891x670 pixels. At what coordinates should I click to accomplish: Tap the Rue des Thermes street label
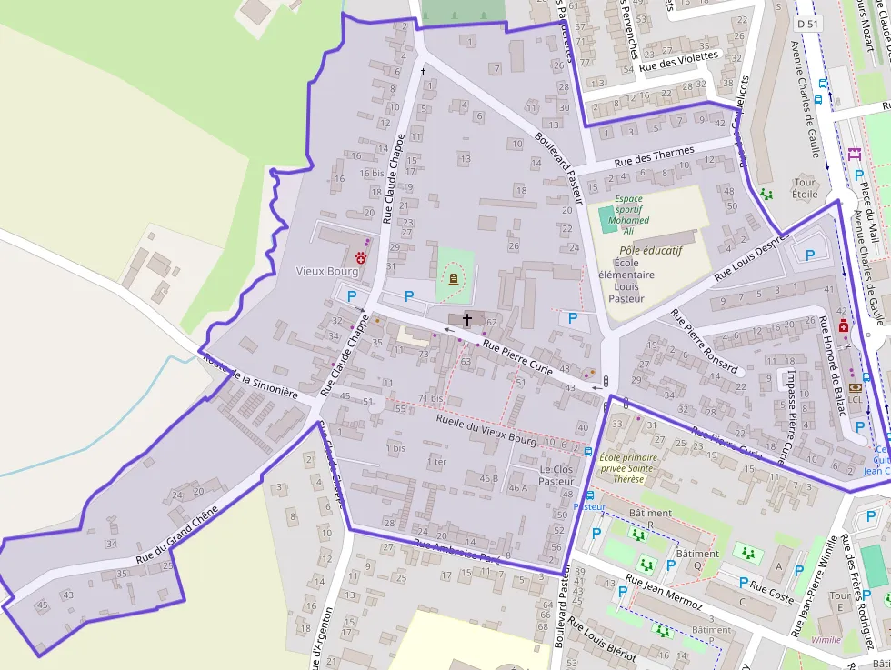pos(654,156)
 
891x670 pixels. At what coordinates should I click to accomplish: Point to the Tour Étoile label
pos(805,187)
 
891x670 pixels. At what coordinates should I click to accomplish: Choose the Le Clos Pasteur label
pos(556,475)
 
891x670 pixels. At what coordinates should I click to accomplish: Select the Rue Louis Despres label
pos(751,259)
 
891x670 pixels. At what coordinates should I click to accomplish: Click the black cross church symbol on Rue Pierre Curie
pos(467,319)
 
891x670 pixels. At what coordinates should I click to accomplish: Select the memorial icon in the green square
pos(453,280)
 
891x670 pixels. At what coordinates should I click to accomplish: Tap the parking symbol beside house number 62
pos(572,318)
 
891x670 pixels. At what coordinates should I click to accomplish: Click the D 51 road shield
pos(806,21)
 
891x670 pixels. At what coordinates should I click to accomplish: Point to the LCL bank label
pos(855,399)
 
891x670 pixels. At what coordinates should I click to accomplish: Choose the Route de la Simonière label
pos(252,377)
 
